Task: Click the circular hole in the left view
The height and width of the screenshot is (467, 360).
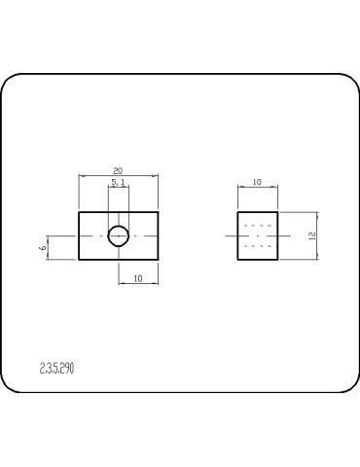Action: coord(119,234)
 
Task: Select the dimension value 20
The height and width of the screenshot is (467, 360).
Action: coord(119,170)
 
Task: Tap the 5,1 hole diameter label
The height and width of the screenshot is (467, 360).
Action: coord(118,182)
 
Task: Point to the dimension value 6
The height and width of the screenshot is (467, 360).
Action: coord(43,248)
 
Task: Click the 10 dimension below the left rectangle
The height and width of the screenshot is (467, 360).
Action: coord(138,278)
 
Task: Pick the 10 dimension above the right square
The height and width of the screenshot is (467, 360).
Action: coord(258,182)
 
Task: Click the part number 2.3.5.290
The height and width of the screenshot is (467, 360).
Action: coord(57,368)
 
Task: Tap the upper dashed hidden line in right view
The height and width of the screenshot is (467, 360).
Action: coord(258,226)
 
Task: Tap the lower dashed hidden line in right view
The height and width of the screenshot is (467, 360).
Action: coord(258,245)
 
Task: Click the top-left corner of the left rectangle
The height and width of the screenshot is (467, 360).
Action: coord(79,211)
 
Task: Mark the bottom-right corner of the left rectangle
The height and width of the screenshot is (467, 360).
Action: coord(159,260)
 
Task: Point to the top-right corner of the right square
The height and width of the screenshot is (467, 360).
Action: coord(278,212)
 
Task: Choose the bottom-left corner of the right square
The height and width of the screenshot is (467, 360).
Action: coord(238,260)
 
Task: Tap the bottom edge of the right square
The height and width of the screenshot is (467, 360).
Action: coord(258,260)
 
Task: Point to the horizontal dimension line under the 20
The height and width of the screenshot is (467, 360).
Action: coord(97,176)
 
